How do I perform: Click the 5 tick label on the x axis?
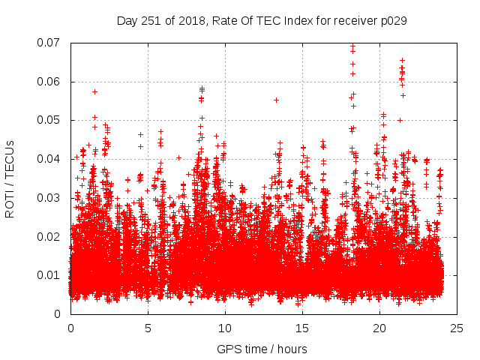[x=148, y=328]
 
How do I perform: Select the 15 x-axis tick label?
[x=302, y=328]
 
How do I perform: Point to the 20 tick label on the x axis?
[x=379, y=328]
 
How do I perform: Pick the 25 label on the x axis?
[x=457, y=328]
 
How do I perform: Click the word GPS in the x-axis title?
[x=228, y=349]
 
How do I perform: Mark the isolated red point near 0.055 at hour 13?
[x=276, y=100]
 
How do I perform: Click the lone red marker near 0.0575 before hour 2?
[x=94, y=91]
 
